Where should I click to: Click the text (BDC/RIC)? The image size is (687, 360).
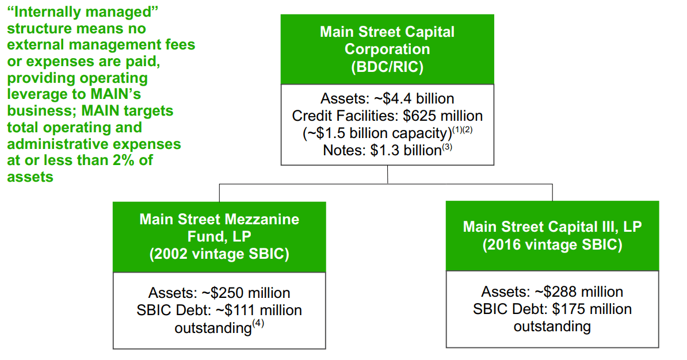(387, 67)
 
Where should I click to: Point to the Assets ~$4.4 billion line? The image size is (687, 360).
(387, 99)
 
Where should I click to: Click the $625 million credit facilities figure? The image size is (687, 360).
(442, 116)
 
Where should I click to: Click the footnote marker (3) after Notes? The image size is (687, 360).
(446, 147)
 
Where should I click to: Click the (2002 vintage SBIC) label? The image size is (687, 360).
(219, 254)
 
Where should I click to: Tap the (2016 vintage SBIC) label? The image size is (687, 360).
(552, 244)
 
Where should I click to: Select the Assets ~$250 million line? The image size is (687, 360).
(219, 293)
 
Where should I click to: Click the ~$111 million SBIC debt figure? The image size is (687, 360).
(258, 311)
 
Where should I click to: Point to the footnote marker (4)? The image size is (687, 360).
(258, 324)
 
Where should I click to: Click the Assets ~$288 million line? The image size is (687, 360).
(552, 292)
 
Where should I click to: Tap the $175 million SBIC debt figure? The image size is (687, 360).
(591, 309)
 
